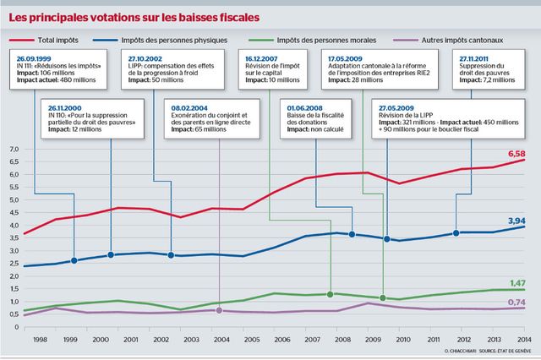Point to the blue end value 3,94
(516, 220)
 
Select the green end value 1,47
(516, 283)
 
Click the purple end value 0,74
(516, 302)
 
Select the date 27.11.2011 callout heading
(477, 58)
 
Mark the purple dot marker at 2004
(219, 310)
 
